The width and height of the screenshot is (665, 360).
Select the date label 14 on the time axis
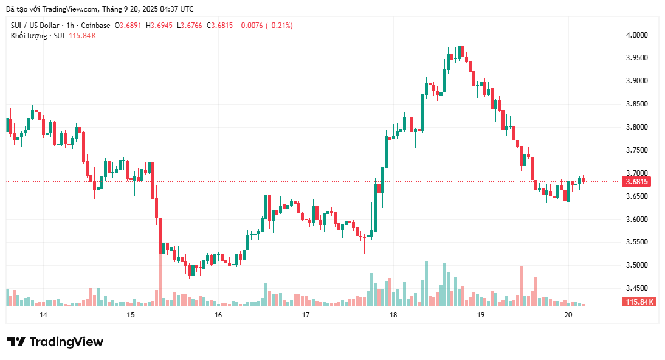43,315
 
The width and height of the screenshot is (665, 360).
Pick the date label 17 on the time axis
306,315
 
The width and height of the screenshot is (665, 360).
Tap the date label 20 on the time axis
568,315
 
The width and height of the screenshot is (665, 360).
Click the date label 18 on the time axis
393,315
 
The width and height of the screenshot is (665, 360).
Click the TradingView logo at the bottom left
55,342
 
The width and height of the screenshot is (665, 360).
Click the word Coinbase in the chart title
96,26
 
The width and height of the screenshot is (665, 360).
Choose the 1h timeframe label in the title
71,26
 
